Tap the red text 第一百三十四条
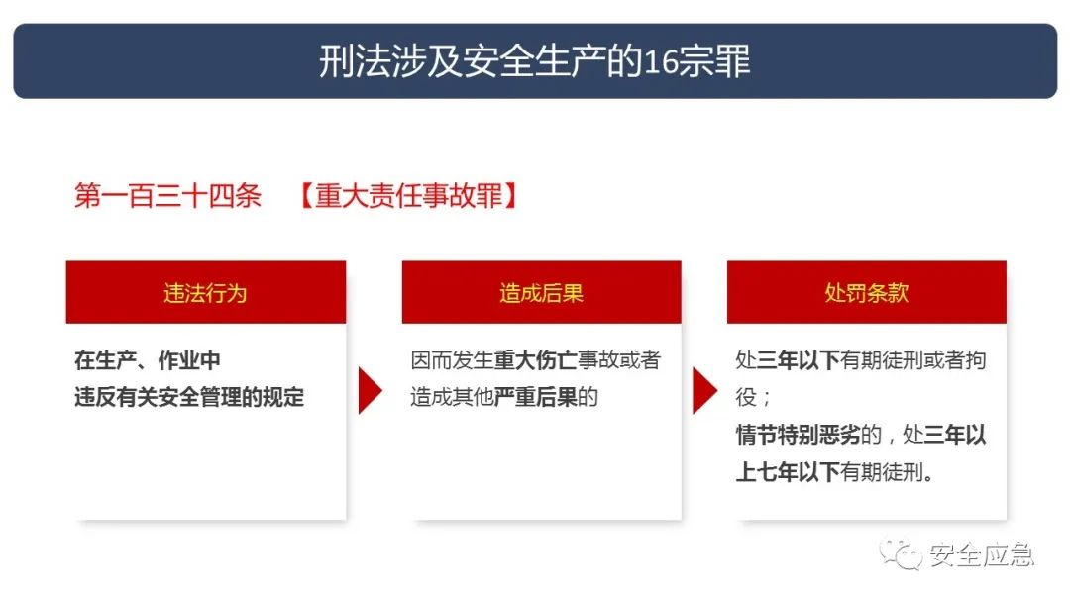[x=167, y=196]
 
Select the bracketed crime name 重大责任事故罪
[x=409, y=196]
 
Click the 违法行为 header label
[x=205, y=293]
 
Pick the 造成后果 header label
[x=541, y=293]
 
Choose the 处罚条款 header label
[x=867, y=293]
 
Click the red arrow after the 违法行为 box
[x=370, y=391]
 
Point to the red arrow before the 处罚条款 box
[x=705, y=391]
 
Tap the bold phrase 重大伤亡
[x=536, y=360]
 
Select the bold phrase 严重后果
[x=536, y=397]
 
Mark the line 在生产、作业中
[x=148, y=360]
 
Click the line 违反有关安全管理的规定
[x=189, y=397]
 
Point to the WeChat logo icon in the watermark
[x=902, y=554]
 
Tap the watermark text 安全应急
[x=981, y=554]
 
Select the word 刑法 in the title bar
[x=356, y=62]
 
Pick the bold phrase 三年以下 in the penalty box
[x=799, y=360]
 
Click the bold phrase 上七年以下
[x=788, y=471]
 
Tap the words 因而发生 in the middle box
[x=452, y=360]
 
